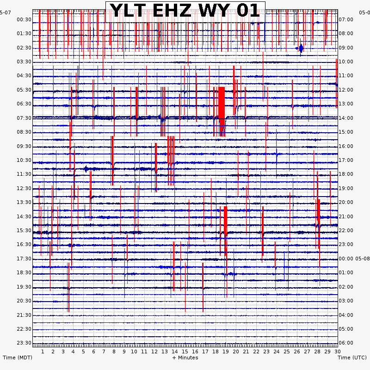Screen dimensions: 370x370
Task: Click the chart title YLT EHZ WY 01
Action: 185,11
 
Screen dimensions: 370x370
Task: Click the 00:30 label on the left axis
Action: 24,19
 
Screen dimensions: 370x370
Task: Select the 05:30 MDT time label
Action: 24,90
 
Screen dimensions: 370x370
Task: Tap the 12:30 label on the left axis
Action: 24,188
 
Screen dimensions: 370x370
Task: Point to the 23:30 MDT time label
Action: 24,343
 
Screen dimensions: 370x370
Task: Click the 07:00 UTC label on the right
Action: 346,19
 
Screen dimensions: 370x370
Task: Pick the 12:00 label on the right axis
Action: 346,90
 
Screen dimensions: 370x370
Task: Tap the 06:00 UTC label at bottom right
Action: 346,343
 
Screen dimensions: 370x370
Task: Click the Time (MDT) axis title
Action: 18,358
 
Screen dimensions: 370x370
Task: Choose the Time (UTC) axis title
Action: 352,358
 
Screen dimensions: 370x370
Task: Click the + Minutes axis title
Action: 185,358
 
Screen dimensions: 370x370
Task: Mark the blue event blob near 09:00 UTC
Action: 301,48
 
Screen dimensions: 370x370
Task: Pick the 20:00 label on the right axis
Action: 346,202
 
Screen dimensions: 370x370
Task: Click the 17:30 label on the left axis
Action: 24,259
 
